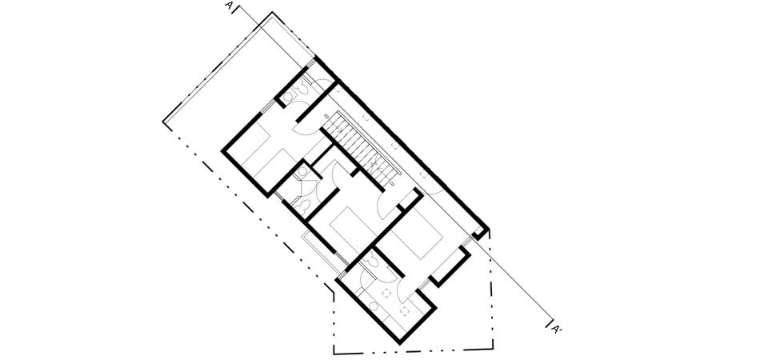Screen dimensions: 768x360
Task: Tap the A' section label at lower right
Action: coord(557,328)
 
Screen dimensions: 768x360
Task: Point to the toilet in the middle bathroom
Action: coord(302,172)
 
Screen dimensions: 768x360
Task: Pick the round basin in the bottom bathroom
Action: coord(374,307)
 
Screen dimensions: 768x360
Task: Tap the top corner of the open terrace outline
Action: coord(272,13)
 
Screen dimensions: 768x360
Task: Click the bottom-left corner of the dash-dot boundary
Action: coord(334,353)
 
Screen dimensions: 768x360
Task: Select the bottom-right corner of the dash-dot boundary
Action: coord(493,349)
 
